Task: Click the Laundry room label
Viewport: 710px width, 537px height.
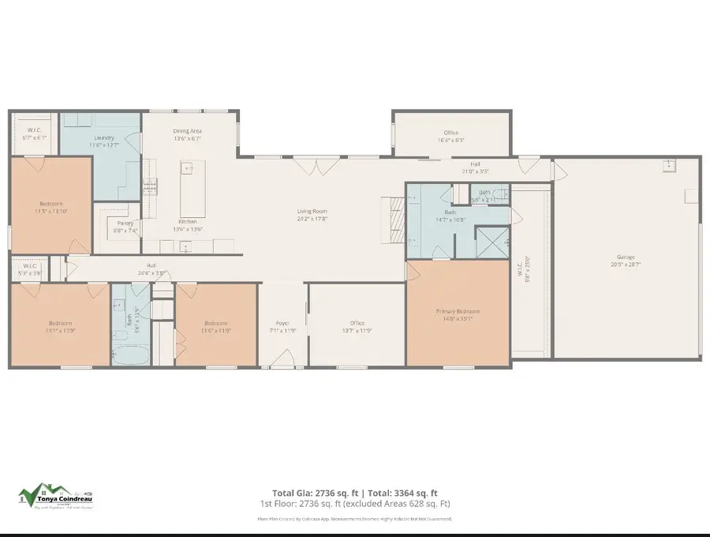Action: (x=104, y=116)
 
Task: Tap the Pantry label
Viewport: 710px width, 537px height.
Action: (x=125, y=223)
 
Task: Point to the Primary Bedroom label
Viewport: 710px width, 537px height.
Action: (x=458, y=311)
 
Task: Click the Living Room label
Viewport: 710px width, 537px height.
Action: (x=312, y=211)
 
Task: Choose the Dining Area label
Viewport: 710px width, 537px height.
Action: (x=188, y=130)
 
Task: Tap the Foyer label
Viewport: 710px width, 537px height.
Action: (x=282, y=323)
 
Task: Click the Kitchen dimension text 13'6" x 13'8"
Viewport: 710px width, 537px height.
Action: (x=188, y=230)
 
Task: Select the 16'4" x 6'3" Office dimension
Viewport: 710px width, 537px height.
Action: (x=450, y=141)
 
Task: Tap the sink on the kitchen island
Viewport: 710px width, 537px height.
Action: (x=188, y=168)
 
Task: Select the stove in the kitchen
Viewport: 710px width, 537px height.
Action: (x=150, y=188)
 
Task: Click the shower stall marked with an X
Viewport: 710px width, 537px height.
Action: (x=493, y=241)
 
